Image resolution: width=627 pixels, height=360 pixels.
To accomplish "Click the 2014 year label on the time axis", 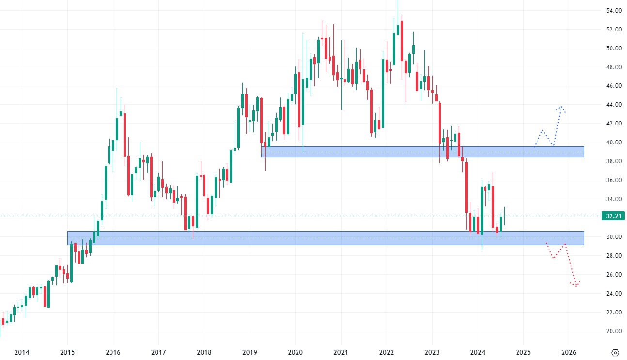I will point(21,352).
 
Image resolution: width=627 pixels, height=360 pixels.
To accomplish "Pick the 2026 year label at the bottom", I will point(569,352).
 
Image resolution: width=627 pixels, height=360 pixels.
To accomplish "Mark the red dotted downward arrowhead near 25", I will point(575,285).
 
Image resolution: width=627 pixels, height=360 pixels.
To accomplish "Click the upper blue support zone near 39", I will point(422,152).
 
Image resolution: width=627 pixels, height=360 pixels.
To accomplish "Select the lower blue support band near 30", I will point(325,238).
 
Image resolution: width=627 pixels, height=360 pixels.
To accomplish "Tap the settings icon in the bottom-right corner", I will point(615,352).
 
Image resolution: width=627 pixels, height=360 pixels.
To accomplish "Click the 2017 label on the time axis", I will point(158,352).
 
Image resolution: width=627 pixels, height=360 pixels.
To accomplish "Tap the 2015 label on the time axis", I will point(67,352).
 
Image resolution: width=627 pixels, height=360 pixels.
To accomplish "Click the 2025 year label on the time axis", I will point(523,352).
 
